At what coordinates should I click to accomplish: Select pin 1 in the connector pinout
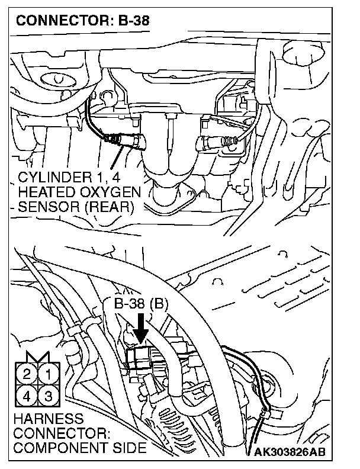coord(49,374)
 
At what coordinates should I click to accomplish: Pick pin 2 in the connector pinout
coord(28,374)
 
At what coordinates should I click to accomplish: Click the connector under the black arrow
coord(140,356)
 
